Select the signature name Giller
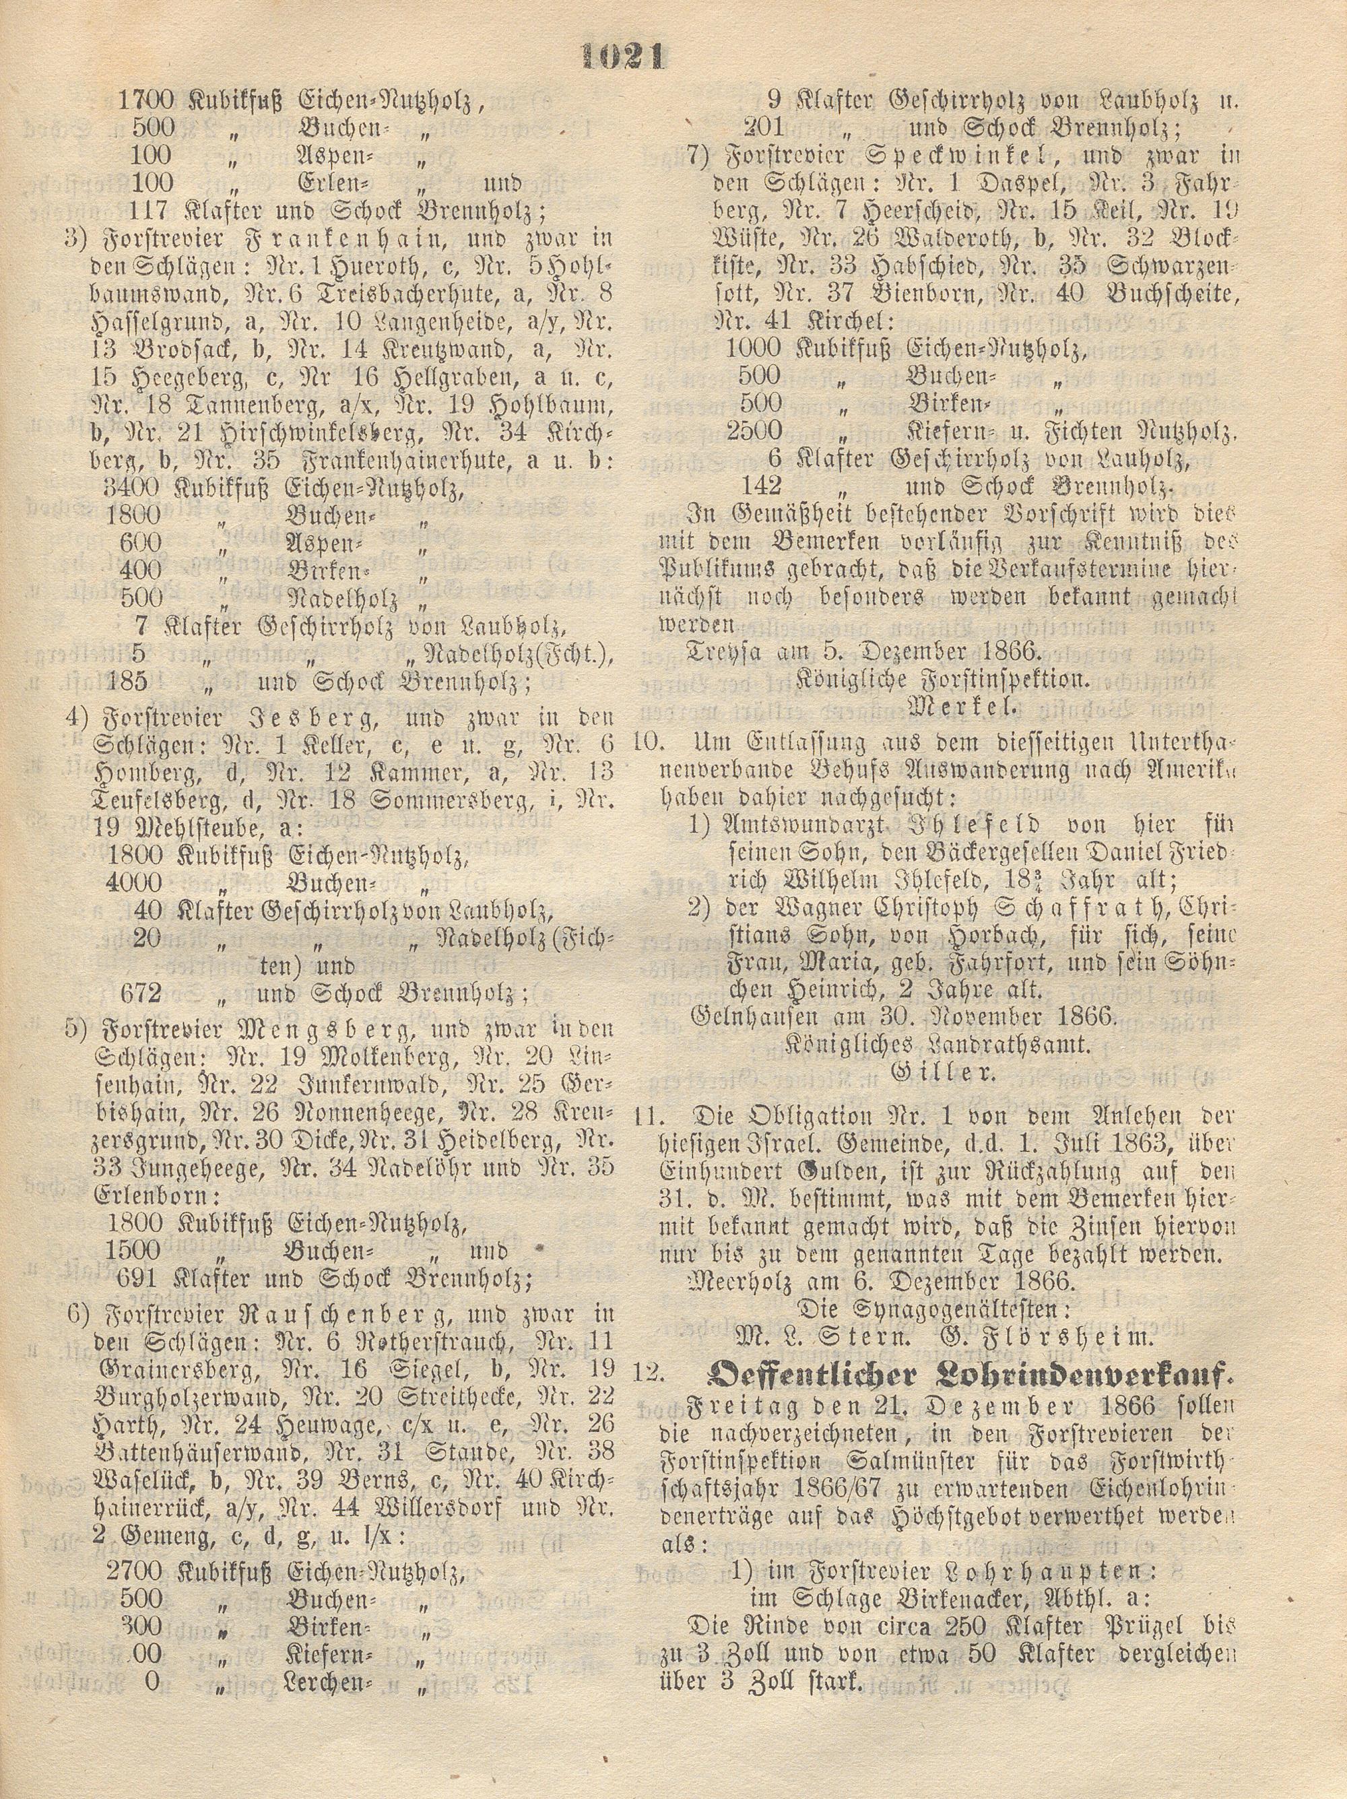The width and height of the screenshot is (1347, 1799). click(x=944, y=1072)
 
